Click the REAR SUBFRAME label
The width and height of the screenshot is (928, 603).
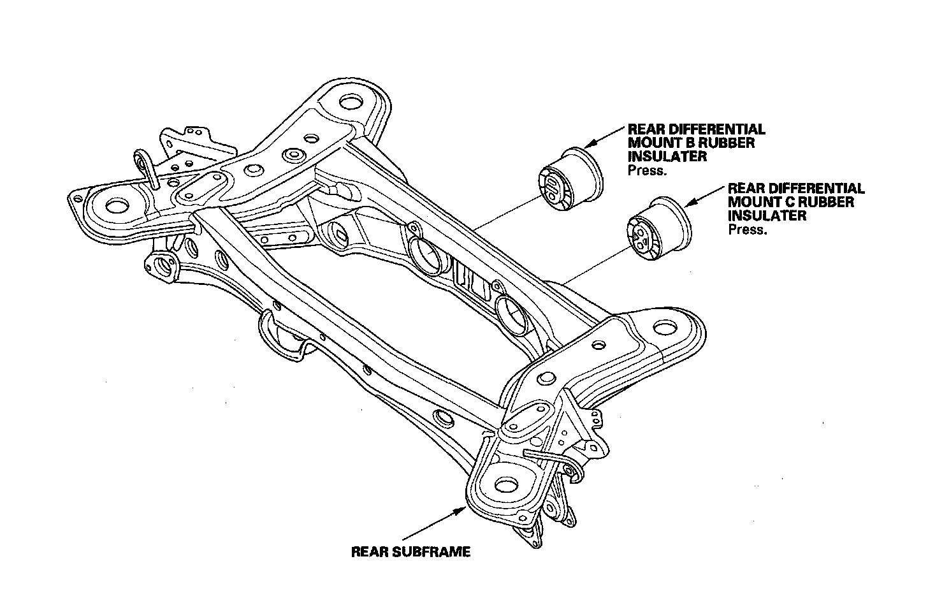pos(410,552)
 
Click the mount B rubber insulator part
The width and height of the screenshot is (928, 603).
pos(570,179)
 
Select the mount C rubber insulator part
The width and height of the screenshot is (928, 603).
pos(659,230)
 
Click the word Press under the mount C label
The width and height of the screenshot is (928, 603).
pos(748,229)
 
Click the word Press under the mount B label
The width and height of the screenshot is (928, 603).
pos(648,171)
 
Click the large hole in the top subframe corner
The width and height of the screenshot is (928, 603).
pos(350,103)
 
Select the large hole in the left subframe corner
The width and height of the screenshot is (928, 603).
pos(115,205)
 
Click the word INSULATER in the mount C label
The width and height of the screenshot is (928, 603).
pos(767,215)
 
